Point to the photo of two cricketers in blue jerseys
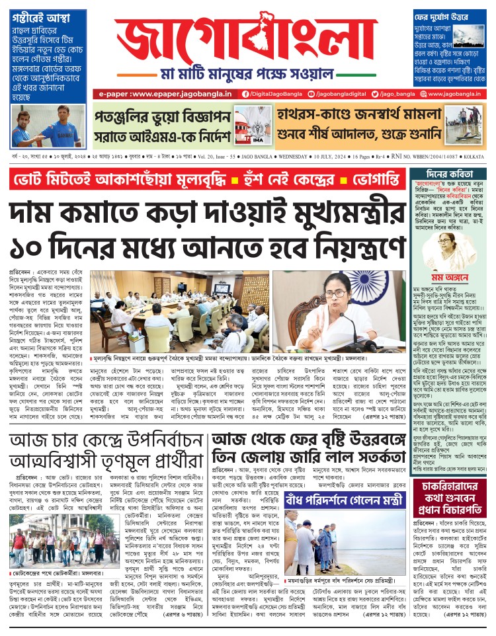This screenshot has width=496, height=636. (48, 126)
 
